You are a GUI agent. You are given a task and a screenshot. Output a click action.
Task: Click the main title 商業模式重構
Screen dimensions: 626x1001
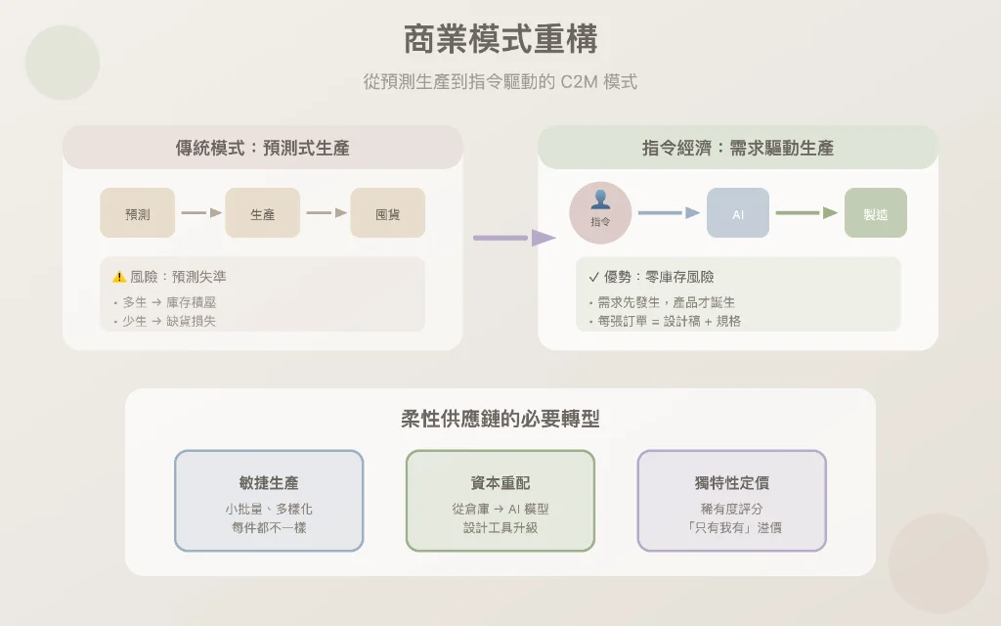click(x=500, y=40)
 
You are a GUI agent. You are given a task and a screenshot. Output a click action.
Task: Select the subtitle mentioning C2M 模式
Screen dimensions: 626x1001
click(x=500, y=82)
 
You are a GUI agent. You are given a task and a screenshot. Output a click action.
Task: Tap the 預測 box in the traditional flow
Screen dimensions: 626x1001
click(x=138, y=213)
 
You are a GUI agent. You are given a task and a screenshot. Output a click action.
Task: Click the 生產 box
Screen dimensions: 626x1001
click(x=263, y=213)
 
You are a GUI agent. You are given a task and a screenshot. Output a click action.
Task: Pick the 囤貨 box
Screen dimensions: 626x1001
click(x=388, y=213)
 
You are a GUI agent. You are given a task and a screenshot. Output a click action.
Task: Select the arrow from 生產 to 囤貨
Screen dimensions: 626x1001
click(x=326, y=212)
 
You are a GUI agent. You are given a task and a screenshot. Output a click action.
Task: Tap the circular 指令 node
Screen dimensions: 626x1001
click(x=600, y=212)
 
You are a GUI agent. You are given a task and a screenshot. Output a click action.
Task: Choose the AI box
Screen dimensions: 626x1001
click(x=738, y=213)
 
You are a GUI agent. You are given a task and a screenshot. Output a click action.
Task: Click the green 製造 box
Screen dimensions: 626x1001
click(x=876, y=213)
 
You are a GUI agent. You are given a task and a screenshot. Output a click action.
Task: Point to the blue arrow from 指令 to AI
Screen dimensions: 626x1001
click(x=669, y=212)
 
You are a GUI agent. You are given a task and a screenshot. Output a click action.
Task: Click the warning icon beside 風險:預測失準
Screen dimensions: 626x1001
click(x=119, y=277)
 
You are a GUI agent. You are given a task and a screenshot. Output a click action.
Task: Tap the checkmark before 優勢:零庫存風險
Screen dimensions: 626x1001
click(x=593, y=277)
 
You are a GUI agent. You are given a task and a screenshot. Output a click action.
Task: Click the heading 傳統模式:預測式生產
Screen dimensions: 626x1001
click(x=263, y=149)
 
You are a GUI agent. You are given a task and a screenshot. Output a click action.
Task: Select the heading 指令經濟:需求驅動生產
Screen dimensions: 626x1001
click(x=738, y=149)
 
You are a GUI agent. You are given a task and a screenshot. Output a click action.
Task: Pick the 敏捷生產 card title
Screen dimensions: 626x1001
click(x=269, y=483)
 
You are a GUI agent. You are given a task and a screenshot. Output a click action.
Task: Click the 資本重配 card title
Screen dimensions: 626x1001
click(x=500, y=483)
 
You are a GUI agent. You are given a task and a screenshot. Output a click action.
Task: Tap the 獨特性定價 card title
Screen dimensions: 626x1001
click(x=732, y=483)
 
